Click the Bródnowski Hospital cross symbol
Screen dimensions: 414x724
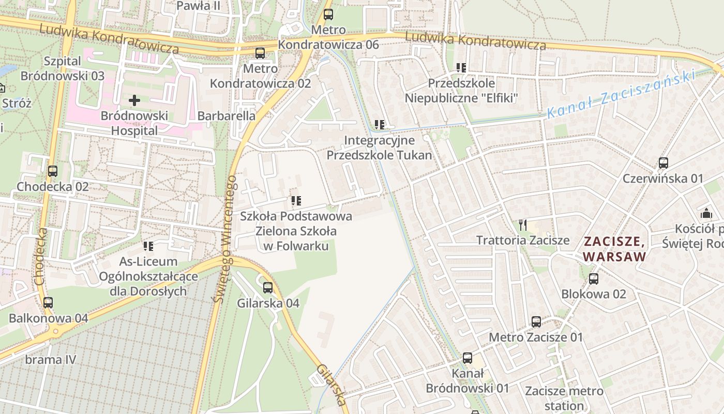(134, 100)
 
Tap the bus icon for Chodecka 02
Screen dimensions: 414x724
(52, 171)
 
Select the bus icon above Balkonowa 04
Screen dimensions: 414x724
(48, 303)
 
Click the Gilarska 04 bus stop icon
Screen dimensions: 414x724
(268, 288)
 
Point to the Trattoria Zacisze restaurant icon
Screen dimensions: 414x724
(523, 225)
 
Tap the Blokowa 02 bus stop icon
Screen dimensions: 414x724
(594, 279)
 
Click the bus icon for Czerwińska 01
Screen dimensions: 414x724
(663, 163)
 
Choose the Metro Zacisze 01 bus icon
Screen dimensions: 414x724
(536, 322)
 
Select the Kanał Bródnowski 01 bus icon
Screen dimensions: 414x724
(467, 358)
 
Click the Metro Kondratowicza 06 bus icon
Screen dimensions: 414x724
(328, 14)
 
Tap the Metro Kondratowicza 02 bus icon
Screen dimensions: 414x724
(260, 53)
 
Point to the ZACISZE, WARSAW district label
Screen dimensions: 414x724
(614, 248)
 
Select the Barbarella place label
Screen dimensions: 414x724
(227, 115)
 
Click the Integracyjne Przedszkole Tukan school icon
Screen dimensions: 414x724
(380, 125)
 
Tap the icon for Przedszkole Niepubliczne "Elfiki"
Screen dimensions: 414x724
(461, 68)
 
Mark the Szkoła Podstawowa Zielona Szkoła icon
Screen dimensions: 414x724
(296, 200)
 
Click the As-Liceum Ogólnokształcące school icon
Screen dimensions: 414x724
(148, 246)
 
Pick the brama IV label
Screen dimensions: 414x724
(51, 359)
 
